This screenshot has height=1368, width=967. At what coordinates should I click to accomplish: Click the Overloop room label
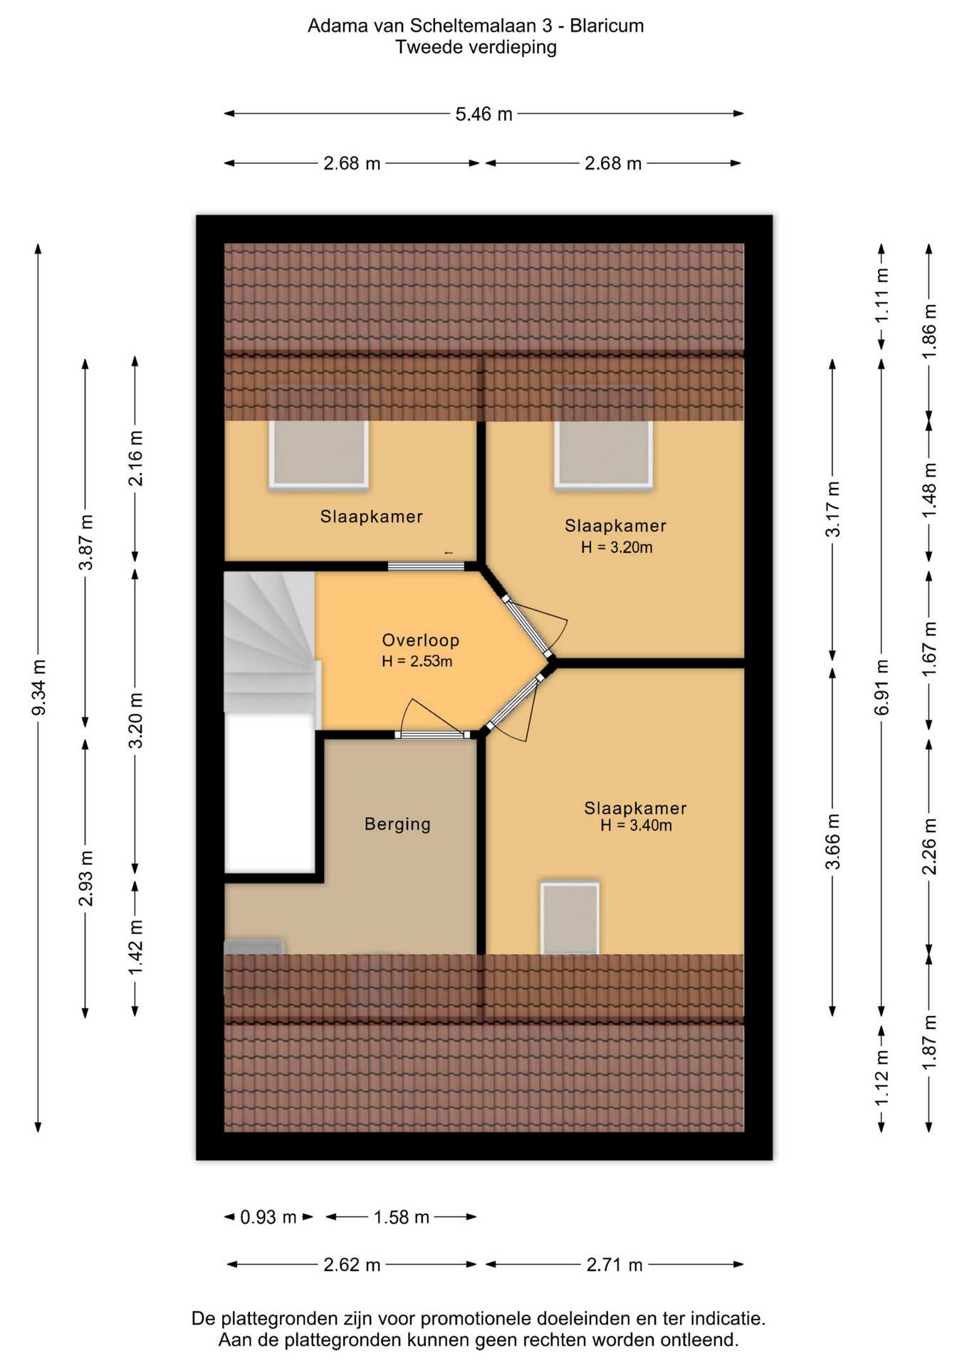tap(420, 640)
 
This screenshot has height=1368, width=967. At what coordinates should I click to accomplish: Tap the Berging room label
tap(397, 824)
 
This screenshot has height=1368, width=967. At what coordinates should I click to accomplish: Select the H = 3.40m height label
tap(636, 825)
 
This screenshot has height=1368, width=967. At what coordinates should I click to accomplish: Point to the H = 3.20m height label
tap(617, 547)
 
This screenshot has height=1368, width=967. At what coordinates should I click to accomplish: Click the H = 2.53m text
tap(417, 661)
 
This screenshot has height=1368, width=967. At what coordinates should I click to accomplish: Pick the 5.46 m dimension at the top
tap(483, 114)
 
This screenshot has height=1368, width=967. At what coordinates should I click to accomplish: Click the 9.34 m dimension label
tap(39, 688)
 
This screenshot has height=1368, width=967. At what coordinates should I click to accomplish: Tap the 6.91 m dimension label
tap(882, 688)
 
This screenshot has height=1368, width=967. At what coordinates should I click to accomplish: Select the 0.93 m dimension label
tap(268, 1217)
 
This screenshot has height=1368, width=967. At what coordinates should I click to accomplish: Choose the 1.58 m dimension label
tap(402, 1217)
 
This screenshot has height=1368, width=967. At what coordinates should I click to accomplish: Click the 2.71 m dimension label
tap(615, 1265)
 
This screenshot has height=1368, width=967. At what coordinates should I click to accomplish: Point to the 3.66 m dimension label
tap(832, 841)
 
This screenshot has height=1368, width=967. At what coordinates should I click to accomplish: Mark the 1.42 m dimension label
tap(135, 947)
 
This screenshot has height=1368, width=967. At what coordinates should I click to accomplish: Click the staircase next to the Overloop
tap(270, 641)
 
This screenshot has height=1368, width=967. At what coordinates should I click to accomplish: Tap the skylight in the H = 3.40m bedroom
tap(570, 918)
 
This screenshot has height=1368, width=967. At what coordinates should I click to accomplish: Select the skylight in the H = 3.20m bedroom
tap(603, 455)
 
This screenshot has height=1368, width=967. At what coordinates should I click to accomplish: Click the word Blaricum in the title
tap(607, 26)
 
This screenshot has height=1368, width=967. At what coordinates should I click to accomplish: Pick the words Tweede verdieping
tap(476, 48)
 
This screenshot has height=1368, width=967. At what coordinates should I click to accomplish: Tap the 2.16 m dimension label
tap(135, 458)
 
